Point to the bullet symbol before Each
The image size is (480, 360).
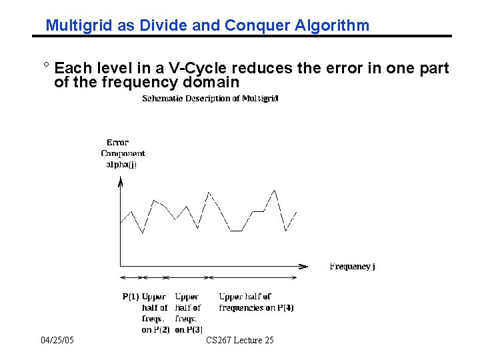point(45,67)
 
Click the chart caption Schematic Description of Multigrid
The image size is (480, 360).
point(211,99)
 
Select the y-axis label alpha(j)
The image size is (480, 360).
point(121,165)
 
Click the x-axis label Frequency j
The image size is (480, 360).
point(352,267)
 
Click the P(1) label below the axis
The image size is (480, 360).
point(130,297)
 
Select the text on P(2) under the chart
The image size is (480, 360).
point(155,330)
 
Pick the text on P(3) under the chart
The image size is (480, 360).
point(189,330)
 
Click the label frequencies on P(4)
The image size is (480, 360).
point(257,308)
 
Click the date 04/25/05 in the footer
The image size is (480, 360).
point(57,341)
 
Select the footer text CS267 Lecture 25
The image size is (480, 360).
point(240,341)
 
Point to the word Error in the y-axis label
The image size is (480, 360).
point(117,142)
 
